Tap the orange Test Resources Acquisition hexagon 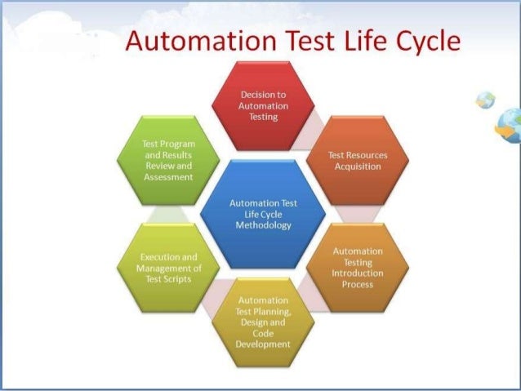[357, 160]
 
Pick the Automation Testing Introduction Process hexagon [357, 267]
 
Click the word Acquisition [358, 167]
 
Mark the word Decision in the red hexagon [252, 95]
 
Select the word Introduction [358, 273]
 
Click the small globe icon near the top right [485, 100]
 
